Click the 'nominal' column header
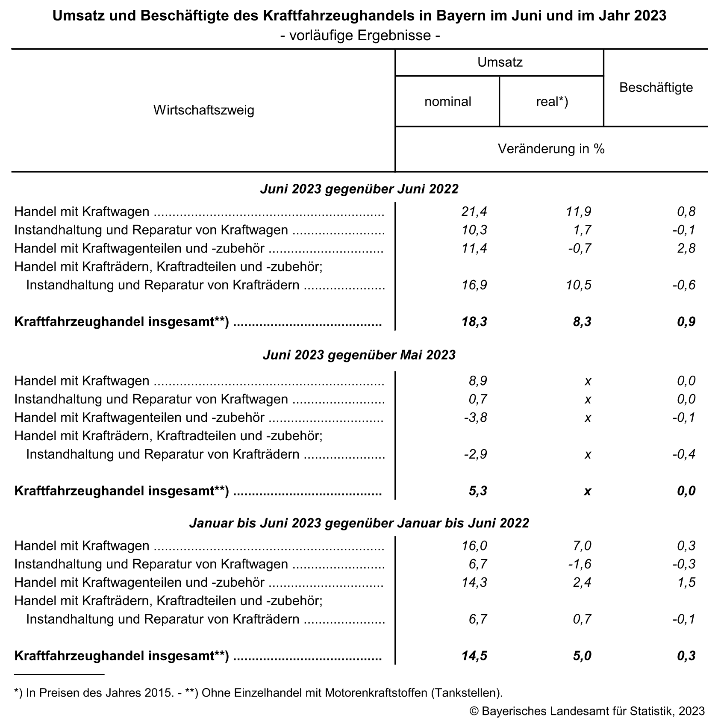[447, 102]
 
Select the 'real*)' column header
[552, 102]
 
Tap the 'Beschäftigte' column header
[656, 88]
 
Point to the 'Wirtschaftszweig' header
[204, 110]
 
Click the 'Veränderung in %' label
[551, 149]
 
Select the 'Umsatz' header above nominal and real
[500, 62]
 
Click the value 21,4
[474, 211]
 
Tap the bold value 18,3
[474, 322]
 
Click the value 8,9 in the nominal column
[477, 380]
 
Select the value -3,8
[475, 417]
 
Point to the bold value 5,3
[477, 491]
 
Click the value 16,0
[474, 546]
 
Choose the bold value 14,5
[474, 656]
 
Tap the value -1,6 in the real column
[580, 564]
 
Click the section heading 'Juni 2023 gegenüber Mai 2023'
[359, 355]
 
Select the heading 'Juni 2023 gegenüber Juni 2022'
[359, 189]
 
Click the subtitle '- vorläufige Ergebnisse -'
[360, 35]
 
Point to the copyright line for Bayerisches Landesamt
[587, 711]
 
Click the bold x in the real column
[588, 491]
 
